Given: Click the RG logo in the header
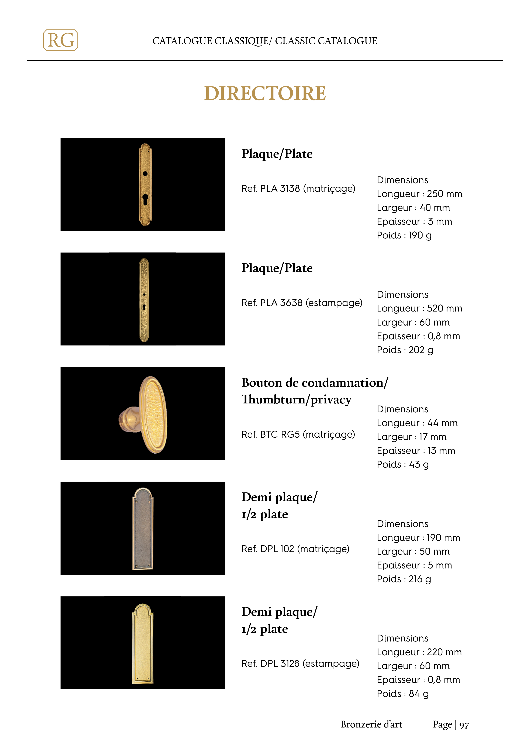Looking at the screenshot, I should tap(60, 40).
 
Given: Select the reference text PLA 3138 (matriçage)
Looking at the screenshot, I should tap(298, 189).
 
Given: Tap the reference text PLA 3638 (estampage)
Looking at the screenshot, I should tap(302, 303).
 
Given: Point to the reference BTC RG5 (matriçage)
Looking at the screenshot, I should tap(298, 434).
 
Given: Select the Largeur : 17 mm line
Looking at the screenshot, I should tap(412, 437).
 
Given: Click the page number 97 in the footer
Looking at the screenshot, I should tap(464, 725).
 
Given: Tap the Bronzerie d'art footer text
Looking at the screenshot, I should tap(371, 725).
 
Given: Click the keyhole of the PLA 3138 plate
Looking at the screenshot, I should tap(145, 199).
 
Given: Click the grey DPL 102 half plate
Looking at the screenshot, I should tap(143, 529).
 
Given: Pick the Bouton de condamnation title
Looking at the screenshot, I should tap(315, 382).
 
